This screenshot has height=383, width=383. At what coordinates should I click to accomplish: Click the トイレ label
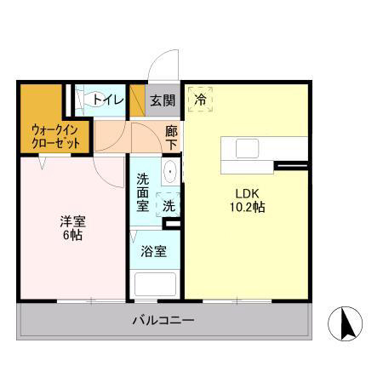(108, 100)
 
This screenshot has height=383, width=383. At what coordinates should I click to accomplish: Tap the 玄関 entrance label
(163, 100)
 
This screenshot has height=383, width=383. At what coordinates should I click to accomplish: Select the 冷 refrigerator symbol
(201, 100)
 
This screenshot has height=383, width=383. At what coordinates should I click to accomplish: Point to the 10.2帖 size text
(245, 207)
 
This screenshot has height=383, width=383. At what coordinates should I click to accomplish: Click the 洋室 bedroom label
(72, 221)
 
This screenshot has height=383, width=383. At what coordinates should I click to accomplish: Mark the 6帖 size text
(72, 237)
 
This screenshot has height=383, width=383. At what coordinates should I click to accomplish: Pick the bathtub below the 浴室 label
(154, 283)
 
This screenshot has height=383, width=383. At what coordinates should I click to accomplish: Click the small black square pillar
(174, 225)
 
